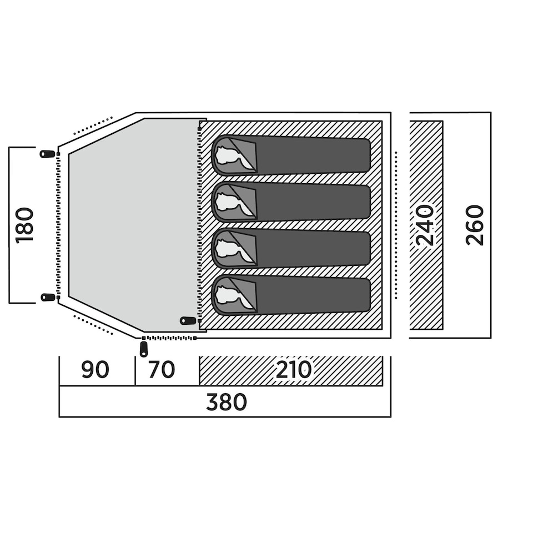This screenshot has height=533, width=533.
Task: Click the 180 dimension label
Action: tap(24, 225)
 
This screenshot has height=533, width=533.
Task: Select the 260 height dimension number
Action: tap(475, 225)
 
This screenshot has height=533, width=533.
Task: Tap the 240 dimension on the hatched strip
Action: tap(425, 225)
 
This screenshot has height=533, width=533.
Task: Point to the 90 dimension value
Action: tap(95, 370)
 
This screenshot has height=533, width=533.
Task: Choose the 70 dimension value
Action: tap(162, 370)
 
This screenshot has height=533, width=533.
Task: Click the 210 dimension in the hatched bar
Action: tap(294, 370)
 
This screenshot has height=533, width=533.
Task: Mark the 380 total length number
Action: tap(226, 402)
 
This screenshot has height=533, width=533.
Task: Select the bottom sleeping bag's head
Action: tap(230, 295)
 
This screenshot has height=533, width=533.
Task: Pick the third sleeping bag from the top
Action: tap(291, 249)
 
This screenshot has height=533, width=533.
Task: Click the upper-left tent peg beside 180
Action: tap(48, 154)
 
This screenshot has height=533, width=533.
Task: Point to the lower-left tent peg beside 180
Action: tap(48, 298)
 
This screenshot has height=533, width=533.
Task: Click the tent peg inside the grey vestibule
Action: tap(189, 320)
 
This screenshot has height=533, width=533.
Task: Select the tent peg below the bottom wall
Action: tap(144, 349)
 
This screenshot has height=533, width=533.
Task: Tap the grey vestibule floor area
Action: tap(133, 222)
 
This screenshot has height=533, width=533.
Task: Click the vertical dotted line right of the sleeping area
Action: tap(396, 225)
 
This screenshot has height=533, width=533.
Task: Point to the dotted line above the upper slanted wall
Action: tap(93, 126)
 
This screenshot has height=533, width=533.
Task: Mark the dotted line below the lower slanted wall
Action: tap(93, 325)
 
